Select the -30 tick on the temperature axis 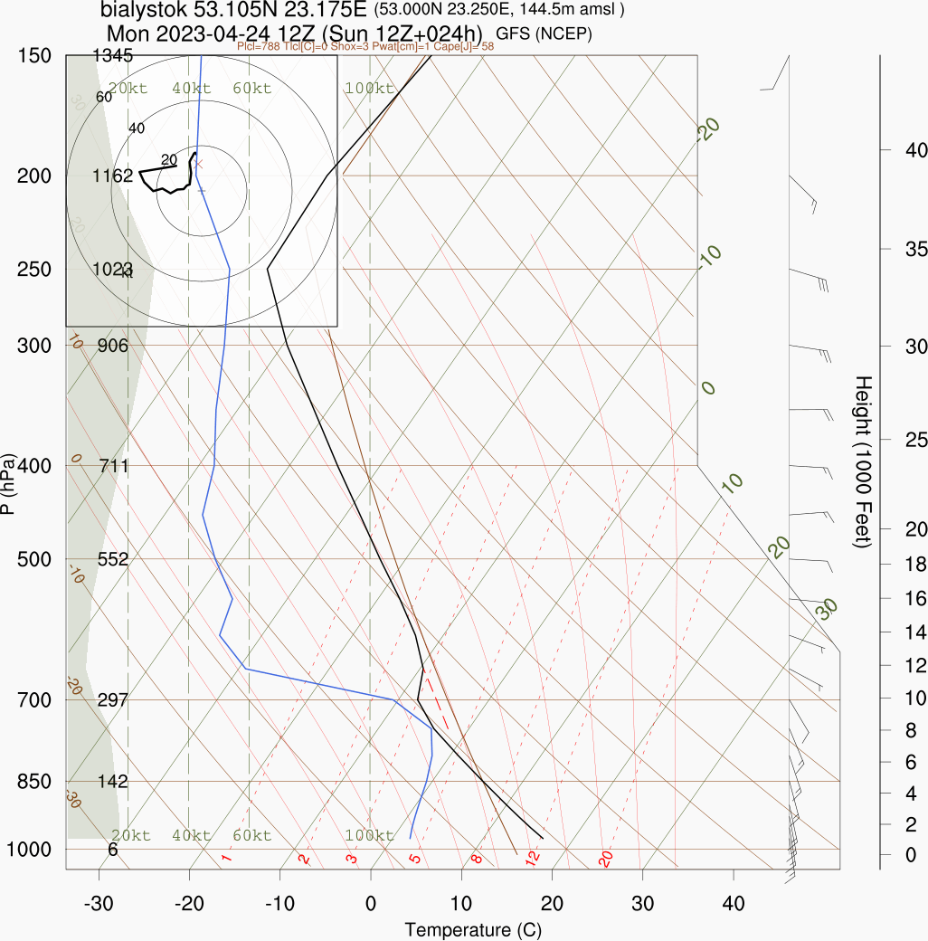[x=98, y=903]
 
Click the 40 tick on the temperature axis [x=734, y=903]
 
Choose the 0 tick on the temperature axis [x=370, y=903]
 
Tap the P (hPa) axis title [x=9, y=483]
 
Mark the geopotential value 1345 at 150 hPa [x=113, y=56]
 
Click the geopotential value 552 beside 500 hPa [x=113, y=559]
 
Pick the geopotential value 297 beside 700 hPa [x=113, y=700]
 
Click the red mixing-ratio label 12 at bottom [x=533, y=857]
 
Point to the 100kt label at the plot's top [x=369, y=89]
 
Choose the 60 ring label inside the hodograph [x=103, y=97]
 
